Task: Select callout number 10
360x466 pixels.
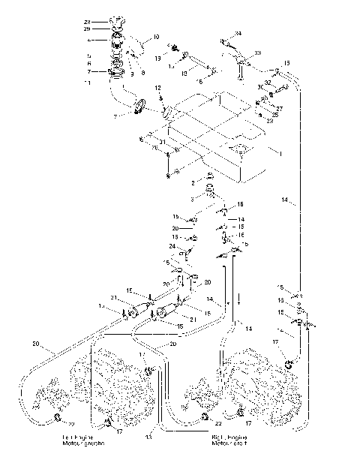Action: pyautogui.click(x=156, y=36)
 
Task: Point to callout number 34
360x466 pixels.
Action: pyautogui.click(x=239, y=34)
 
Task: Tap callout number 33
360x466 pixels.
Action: pyautogui.click(x=259, y=53)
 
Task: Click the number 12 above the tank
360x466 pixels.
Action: pyautogui.click(x=159, y=89)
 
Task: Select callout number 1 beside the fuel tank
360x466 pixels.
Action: pyautogui.click(x=280, y=155)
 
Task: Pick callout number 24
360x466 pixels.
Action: pyautogui.click(x=172, y=246)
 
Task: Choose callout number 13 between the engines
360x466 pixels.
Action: pyautogui.click(x=148, y=436)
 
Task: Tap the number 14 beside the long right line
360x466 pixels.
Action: pyautogui.click(x=285, y=200)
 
